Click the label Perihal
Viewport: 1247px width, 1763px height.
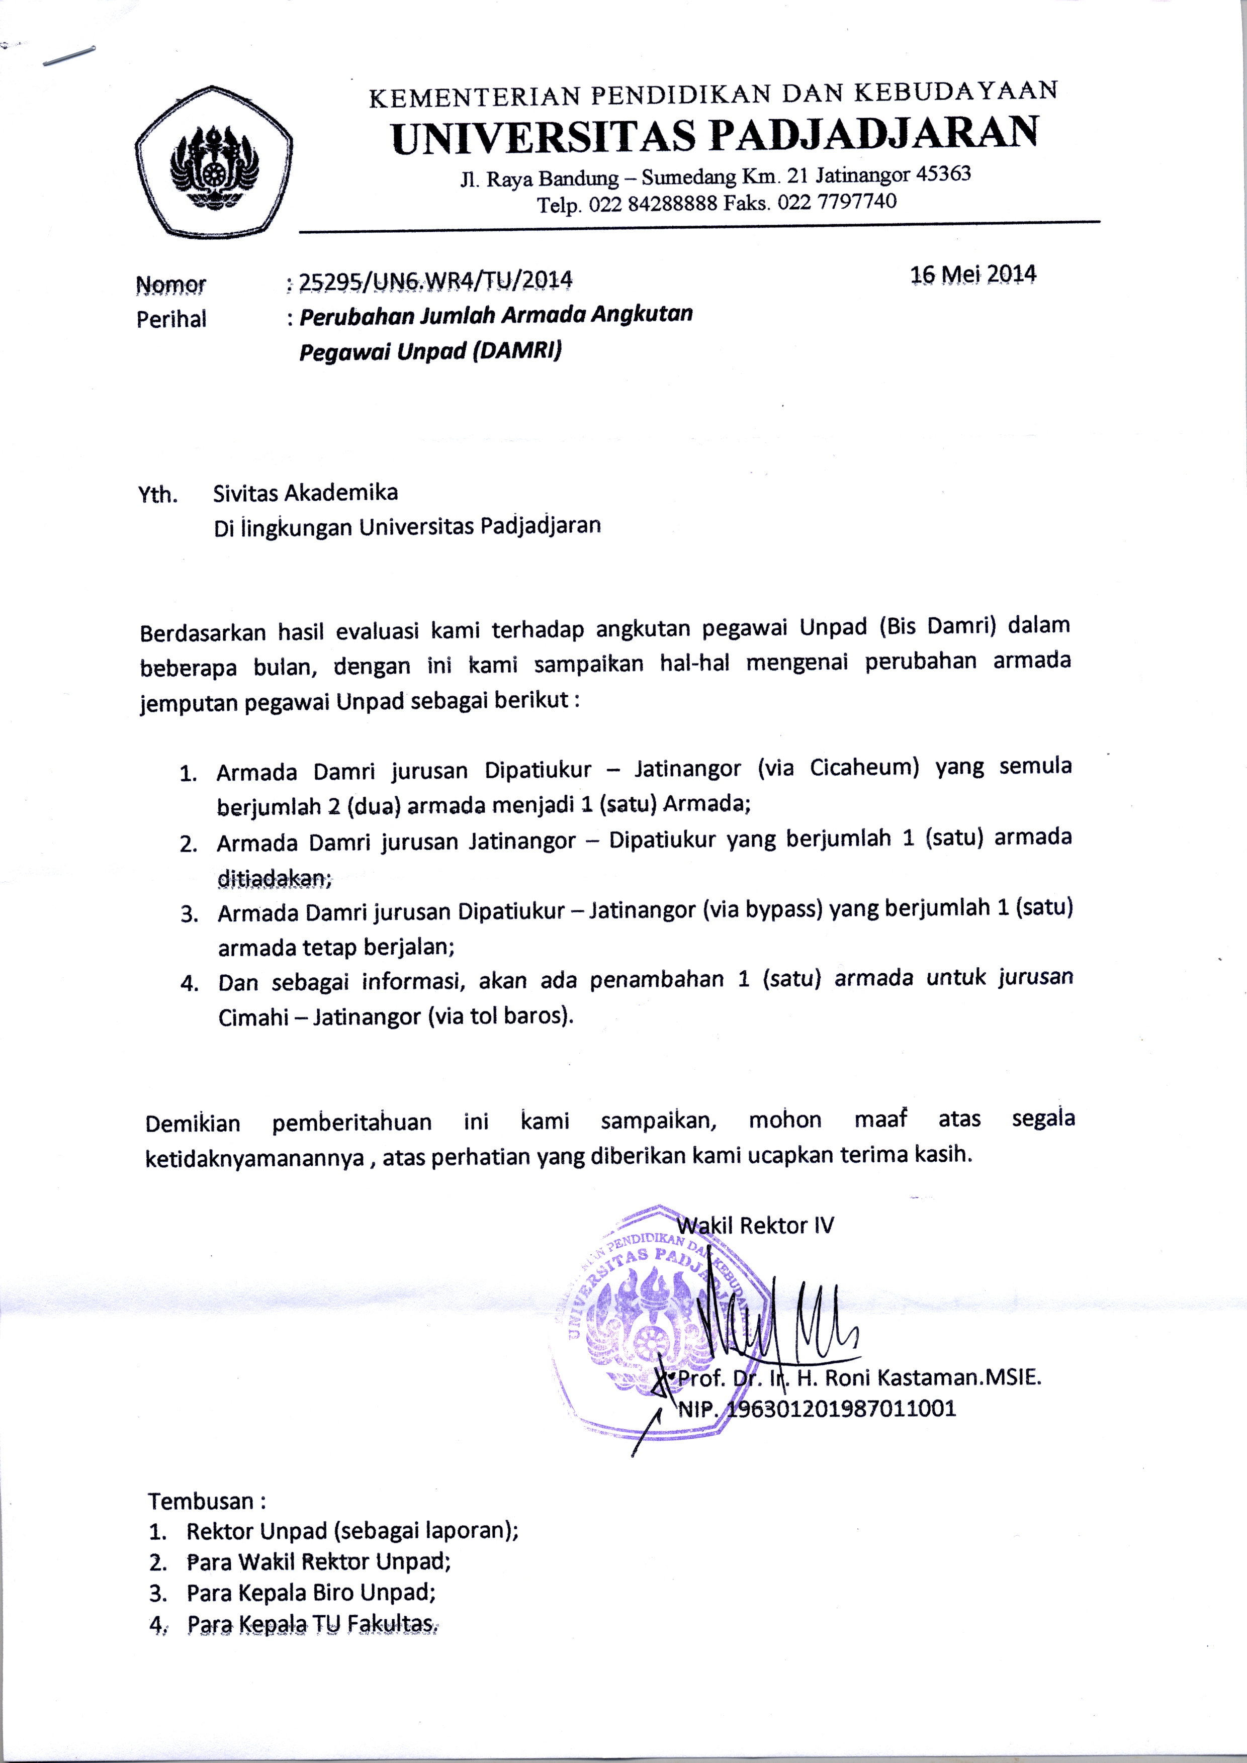pyautogui.click(x=171, y=319)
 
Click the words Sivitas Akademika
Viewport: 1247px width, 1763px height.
pyautogui.click(x=306, y=492)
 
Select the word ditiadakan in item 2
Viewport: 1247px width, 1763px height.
pyautogui.click(x=274, y=878)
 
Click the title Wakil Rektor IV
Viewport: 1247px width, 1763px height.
pyautogui.click(x=755, y=1226)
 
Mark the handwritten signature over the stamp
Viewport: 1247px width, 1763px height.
pyautogui.click(x=775, y=1318)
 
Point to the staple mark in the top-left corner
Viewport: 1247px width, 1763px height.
pyautogui.click(x=69, y=56)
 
